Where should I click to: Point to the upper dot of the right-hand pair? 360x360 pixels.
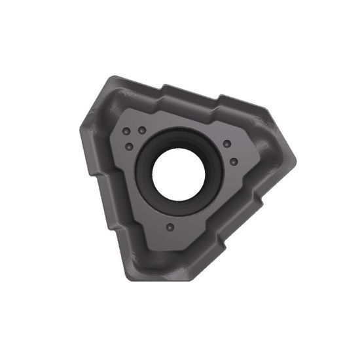(x=226, y=144)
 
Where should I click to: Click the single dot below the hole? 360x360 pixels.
(x=170, y=228)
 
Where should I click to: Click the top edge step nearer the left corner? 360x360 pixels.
(x=165, y=88)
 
